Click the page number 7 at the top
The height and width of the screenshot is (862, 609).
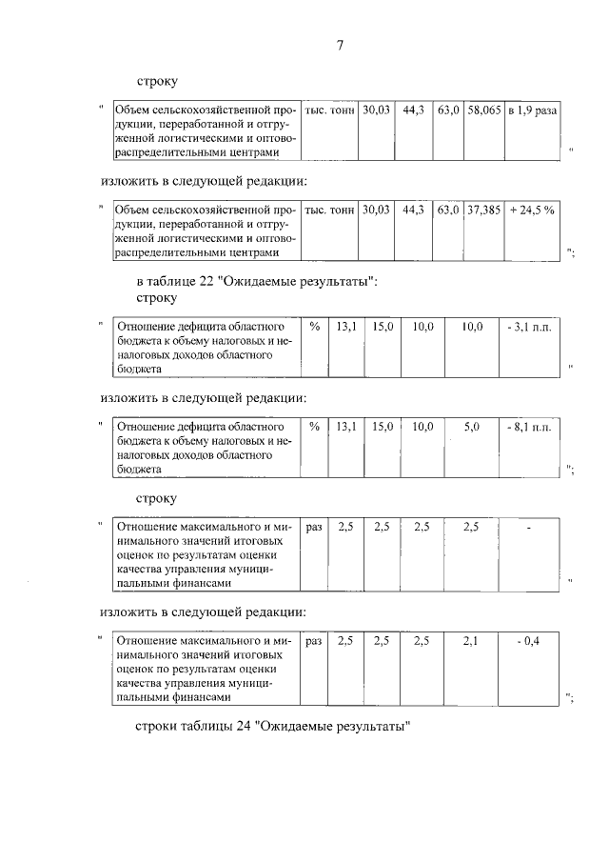[339, 47]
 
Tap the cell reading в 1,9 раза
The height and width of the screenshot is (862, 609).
[531, 110]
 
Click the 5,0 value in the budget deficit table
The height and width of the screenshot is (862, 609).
[470, 428]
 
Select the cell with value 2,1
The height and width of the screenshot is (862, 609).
[470, 642]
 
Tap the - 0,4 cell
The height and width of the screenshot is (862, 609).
[528, 642]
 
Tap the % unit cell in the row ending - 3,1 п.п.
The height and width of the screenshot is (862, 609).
[314, 327]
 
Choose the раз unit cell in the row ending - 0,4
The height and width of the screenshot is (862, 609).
[314, 642]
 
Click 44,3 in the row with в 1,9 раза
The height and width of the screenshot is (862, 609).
[413, 110]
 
